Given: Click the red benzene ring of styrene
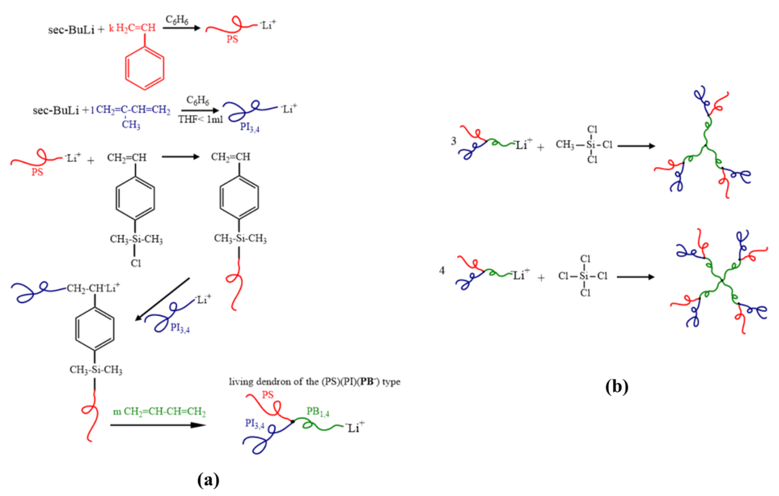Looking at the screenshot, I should coord(145,68).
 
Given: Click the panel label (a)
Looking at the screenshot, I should coord(208,480).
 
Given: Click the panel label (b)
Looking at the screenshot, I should coord(617,386).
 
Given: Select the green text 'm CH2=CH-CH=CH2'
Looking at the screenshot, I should coord(159,412).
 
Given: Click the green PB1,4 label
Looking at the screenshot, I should coord(318,412).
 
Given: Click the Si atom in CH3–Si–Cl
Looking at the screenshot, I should coord(591,145).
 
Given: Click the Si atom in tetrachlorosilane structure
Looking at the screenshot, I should coord(584,276).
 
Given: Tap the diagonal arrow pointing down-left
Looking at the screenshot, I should coord(162,299).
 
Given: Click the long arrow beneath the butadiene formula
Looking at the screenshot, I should coord(158,425).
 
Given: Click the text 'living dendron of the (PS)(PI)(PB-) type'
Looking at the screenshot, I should coord(314,382).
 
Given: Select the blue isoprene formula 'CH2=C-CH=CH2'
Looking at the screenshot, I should coord(133,110).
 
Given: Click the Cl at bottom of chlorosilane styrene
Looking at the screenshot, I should coord(136,263).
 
